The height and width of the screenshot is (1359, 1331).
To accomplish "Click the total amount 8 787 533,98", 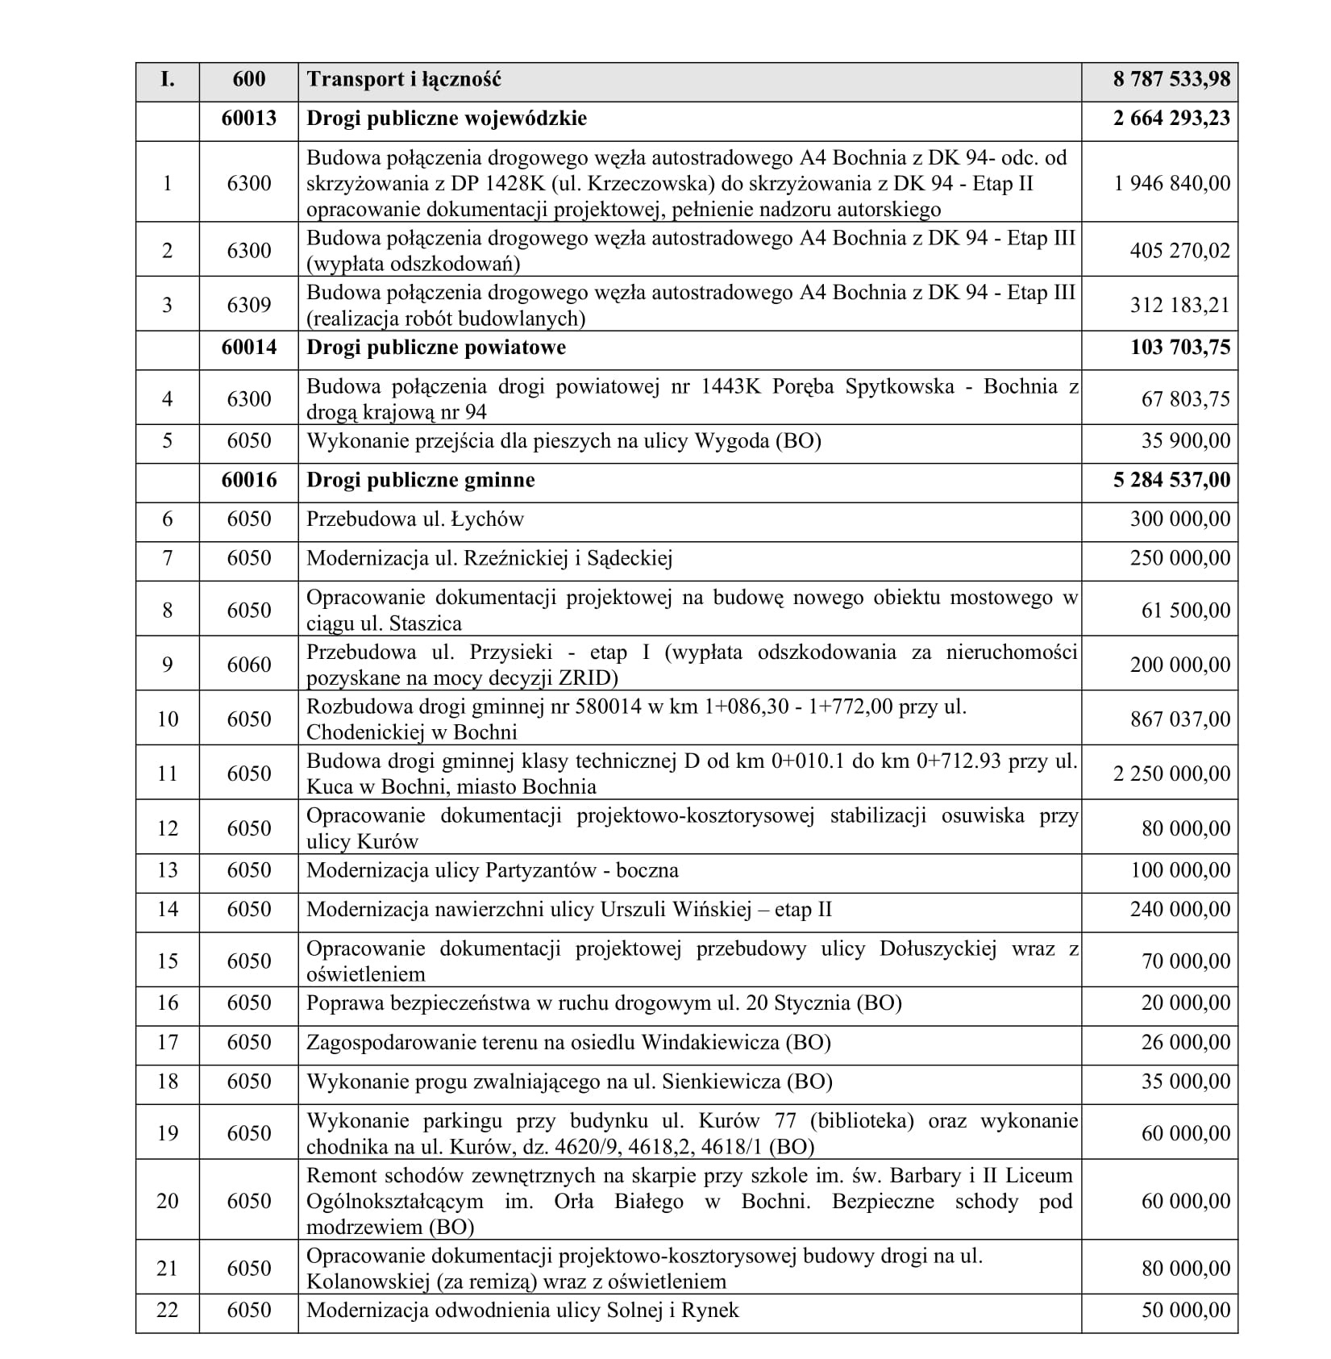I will tap(1171, 79).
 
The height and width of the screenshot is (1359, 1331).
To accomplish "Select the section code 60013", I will tap(248, 119).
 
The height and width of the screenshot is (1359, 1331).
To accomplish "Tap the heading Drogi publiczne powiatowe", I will tap(436, 348).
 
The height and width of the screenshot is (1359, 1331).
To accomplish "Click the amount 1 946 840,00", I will tap(1171, 183).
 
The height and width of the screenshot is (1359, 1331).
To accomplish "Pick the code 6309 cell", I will tap(248, 305).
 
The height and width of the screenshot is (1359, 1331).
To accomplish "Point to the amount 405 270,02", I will tap(1179, 250).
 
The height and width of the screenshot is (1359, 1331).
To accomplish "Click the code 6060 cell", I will tap(248, 665).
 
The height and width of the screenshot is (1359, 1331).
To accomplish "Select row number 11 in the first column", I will tap(167, 773).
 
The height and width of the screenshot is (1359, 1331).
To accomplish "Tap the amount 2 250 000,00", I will tap(1171, 773).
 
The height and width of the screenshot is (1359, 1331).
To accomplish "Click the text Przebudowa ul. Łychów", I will tap(415, 519).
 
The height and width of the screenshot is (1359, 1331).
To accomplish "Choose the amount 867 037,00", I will tap(1179, 719).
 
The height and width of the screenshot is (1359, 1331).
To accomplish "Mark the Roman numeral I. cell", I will tap(167, 79).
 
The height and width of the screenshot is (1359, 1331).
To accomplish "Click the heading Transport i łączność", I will tap(404, 79).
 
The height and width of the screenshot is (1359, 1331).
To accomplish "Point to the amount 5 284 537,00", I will tap(1171, 480).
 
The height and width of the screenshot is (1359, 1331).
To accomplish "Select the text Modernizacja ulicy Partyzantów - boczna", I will tap(493, 870).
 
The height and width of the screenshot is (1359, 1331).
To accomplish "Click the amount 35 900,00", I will tap(1185, 441).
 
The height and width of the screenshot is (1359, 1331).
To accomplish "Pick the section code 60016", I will tap(248, 480).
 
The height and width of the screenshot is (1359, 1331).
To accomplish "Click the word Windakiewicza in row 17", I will tap(709, 1042).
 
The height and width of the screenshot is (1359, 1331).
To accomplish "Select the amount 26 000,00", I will tap(1185, 1042).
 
